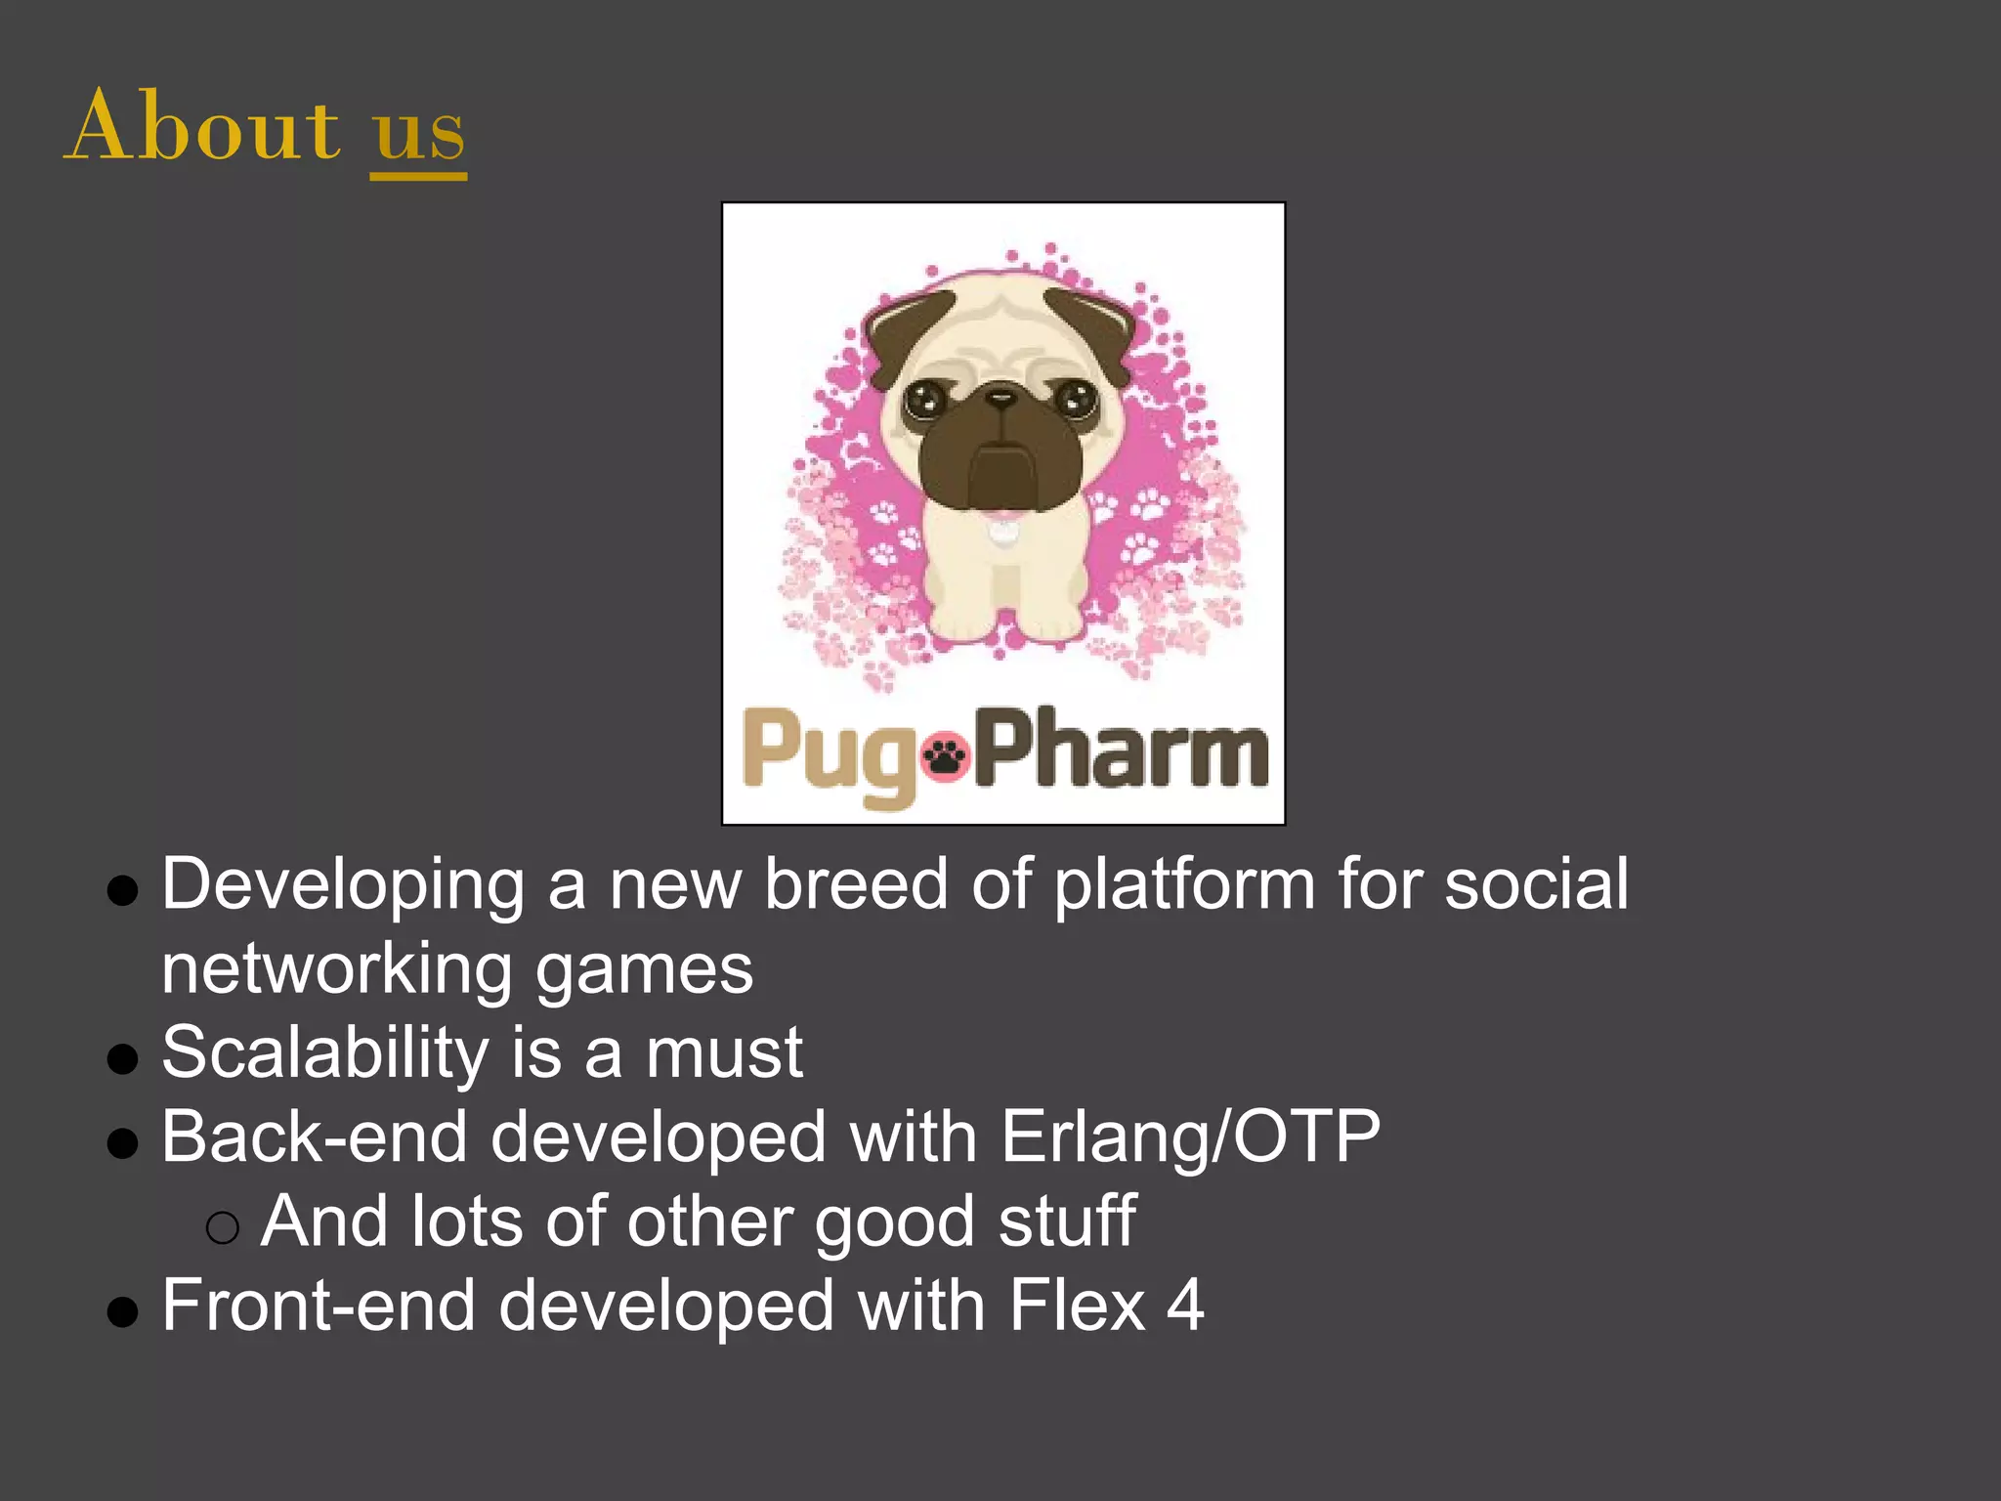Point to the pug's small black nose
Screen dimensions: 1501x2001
click(x=1000, y=398)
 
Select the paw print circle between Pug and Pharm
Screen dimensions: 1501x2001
click(x=945, y=754)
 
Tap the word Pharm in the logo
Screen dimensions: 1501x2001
click(x=1124, y=750)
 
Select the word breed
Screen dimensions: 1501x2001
click(x=856, y=883)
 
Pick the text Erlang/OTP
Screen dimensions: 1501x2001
click(x=1190, y=1137)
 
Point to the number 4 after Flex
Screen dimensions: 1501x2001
click(x=1185, y=1306)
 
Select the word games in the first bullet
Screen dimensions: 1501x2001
click(x=645, y=969)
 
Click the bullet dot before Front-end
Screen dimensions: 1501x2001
click(x=122, y=1311)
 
